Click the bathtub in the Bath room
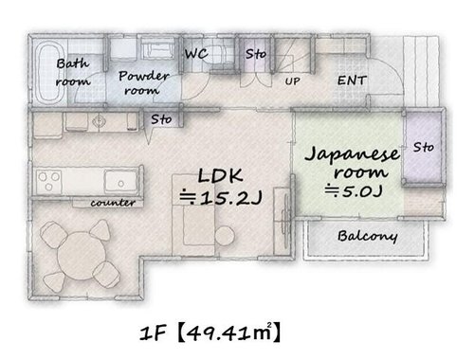[49, 72]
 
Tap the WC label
[196, 54]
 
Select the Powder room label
[144, 82]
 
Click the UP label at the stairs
[292, 81]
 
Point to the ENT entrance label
[352, 81]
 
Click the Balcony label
[368, 236]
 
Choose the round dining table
[82, 256]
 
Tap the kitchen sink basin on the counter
[121, 182]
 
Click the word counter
[113, 203]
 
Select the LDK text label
[220, 176]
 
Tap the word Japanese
[353, 154]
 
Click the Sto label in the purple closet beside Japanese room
[424, 147]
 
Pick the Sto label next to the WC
[256, 54]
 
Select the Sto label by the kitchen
[161, 119]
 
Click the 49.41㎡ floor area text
[228, 333]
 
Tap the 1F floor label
[154, 333]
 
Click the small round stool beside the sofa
[225, 236]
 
